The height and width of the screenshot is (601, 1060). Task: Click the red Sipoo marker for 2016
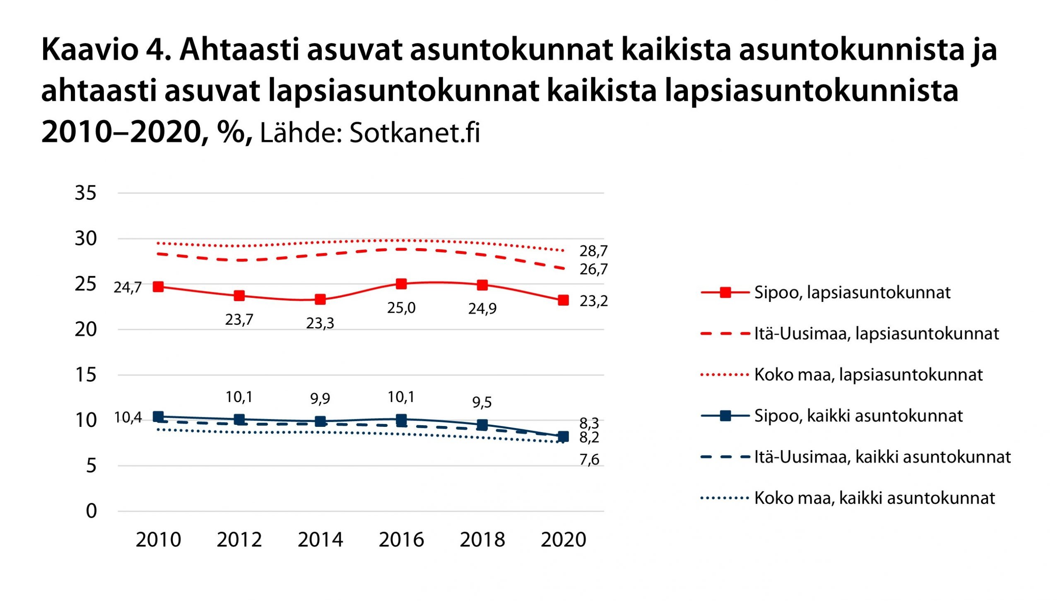tap(401, 284)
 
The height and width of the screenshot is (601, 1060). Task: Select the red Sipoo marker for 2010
tap(158, 287)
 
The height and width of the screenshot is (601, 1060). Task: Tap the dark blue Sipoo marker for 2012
tap(239, 419)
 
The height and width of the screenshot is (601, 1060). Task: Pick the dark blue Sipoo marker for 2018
tap(482, 425)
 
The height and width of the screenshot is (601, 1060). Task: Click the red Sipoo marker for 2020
tap(563, 300)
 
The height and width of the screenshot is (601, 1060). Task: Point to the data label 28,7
tap(593, 251)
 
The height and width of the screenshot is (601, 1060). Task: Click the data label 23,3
tap(320, 323)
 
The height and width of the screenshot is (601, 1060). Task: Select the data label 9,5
tap(482, 402)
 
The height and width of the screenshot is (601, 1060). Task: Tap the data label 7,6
tap(589, 460)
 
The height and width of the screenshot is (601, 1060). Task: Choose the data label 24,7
tap(128, 287)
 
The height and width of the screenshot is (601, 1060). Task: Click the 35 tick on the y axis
tap(86, 193)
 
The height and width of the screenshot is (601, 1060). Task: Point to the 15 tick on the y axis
tap(86, 375)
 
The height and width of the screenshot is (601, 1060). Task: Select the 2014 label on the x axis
tap(320, 540)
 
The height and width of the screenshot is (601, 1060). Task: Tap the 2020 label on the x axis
tap(563, 540)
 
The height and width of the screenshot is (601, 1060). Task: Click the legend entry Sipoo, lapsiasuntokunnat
tap(852, 293)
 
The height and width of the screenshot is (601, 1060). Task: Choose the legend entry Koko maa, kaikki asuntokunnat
tap(874, 498)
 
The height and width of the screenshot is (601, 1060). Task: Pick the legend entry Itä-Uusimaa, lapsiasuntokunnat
tap(877, 334)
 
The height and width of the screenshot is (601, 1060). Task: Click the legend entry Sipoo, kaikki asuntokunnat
tap(858, 416)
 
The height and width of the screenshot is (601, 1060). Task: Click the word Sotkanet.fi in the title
tap(414, 133)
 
